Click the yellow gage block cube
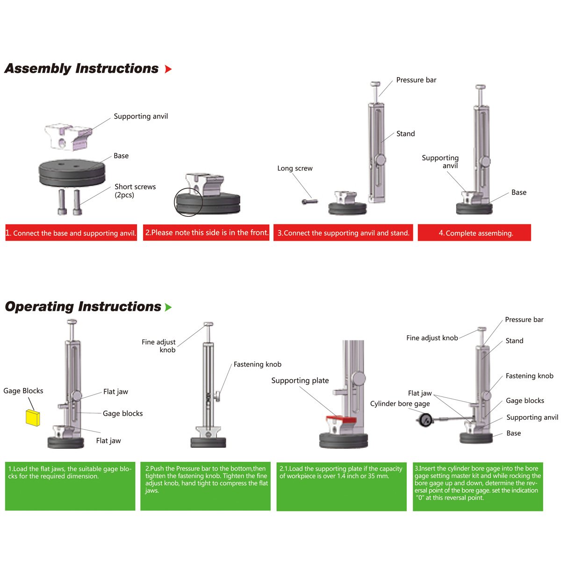coord(33,417)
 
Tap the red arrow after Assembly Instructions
coord(168,69)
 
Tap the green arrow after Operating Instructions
coord(168,307)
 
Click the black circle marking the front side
coord(188,202)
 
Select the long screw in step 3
coord(309,201)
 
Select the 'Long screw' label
coord(295,168)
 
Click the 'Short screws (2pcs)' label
coord(135,191)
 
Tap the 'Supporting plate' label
coord(300,381)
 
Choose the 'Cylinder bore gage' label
coord(400,403)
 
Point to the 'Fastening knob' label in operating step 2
coord(257,364)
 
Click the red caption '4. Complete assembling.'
coord(474,233)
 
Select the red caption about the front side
coord(206,232)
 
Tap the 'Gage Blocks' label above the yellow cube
coord(23,391)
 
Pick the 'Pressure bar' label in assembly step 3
coord(416,80)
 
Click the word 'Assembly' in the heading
coord(37,69)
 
